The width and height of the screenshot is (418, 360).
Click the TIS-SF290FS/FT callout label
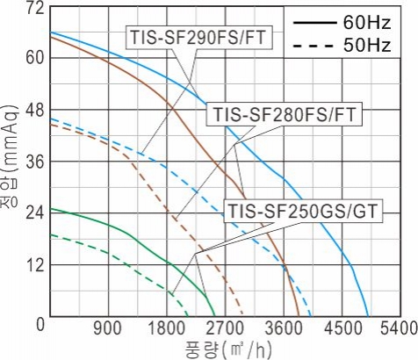198,38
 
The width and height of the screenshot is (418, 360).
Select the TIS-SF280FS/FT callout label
285,114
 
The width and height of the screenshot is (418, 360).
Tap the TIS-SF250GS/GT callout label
303,211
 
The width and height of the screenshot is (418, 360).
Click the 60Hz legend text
367,23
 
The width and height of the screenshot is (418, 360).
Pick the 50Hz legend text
367,46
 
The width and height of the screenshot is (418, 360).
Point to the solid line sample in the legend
314,23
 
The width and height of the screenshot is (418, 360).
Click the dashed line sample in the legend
313,46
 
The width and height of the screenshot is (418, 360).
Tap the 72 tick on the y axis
35,9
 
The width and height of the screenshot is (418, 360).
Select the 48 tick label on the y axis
35,111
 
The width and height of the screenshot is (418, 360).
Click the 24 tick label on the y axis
35,214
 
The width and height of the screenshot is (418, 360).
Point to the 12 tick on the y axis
35,265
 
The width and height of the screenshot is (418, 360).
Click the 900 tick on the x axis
107,328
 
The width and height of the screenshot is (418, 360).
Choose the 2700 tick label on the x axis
225,328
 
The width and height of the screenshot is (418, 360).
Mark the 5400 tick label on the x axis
400,328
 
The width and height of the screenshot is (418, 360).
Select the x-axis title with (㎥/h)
228,349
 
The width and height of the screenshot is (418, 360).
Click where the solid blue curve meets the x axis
368,316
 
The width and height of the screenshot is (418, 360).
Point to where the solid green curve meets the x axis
215,316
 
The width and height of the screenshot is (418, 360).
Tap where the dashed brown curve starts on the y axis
50,125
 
